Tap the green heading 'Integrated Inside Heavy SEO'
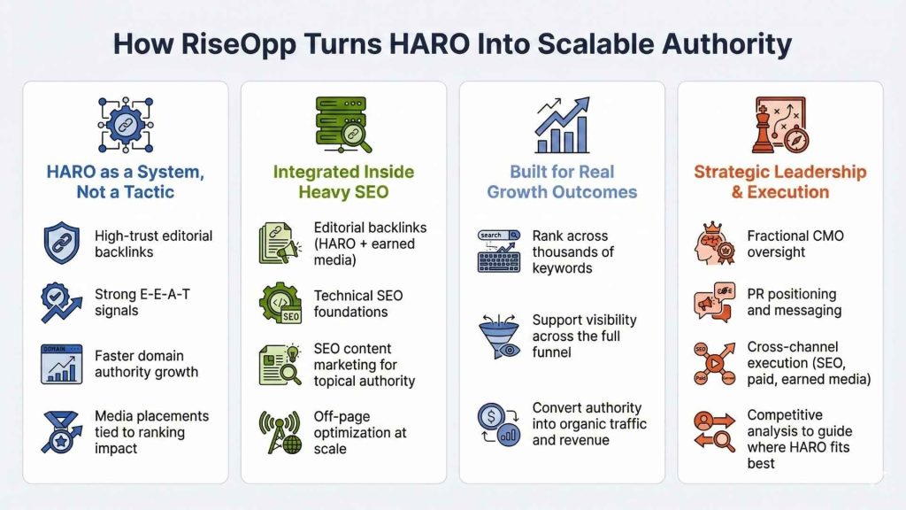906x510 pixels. click(342, 182)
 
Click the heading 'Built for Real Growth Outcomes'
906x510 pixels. click(561, 182)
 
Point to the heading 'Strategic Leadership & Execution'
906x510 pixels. click(779, 182)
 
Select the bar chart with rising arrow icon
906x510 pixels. click(561, 126)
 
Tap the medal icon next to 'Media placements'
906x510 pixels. click(62, 431)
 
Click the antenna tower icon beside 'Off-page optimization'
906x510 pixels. click(280, 431)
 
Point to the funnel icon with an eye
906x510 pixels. click(498, 335)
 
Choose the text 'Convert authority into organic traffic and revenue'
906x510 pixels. click(588, 423)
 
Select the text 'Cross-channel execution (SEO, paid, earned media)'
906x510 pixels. click(809, 363)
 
